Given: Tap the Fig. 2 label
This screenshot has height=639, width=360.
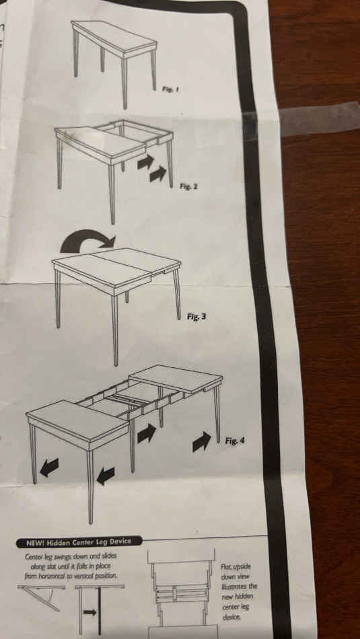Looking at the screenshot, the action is click(x=188, y=186).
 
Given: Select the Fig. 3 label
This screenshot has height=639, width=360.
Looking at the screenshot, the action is click(x=196, y=316).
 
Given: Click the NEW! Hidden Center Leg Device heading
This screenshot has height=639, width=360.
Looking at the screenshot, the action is click(x=79, y=542).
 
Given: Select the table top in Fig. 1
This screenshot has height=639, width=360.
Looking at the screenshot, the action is click(x=114, y=37).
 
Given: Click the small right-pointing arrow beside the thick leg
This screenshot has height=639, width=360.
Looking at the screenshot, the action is click(x=89, y=612).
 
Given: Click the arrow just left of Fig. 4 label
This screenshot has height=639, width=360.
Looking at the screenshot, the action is click(x=202, y=441).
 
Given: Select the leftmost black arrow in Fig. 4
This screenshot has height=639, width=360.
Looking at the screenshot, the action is click(x=49, y=467).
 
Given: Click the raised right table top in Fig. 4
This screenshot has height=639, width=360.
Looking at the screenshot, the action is click(x=176, y=379).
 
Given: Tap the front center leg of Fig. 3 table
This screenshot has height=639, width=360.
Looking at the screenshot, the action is click(x=115, y=330).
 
